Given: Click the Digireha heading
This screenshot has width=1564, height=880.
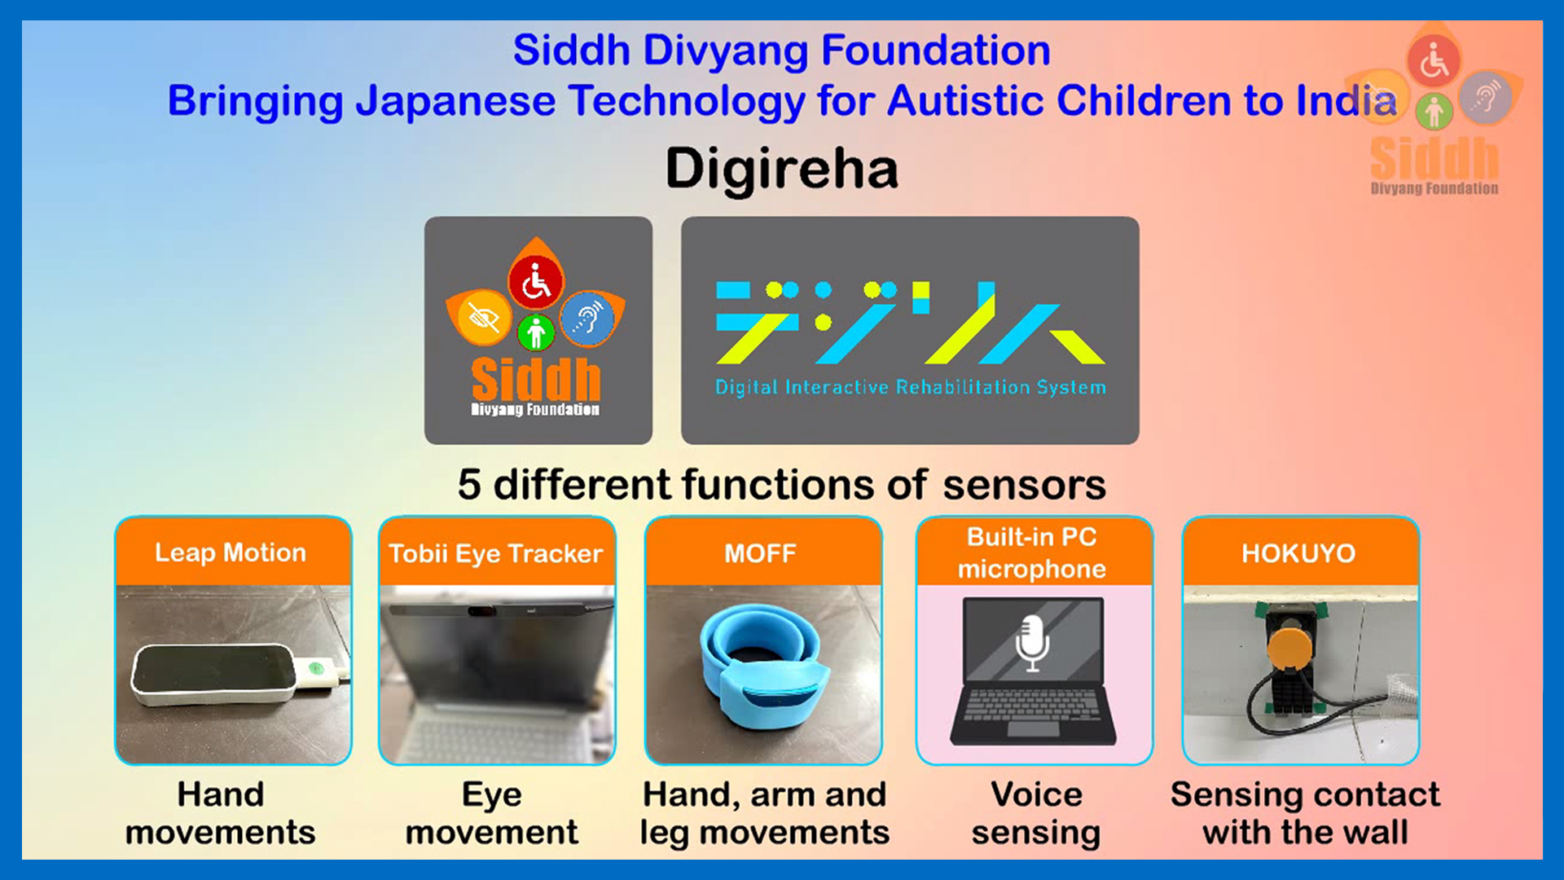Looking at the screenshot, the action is click(782, 169).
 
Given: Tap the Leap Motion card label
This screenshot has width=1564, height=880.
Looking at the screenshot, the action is click(231, 552).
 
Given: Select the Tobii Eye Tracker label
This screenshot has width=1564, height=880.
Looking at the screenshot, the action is click(495, 553).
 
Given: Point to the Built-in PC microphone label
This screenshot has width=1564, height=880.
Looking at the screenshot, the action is click(1032, 552).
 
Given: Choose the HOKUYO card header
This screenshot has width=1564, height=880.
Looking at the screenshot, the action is click(1300, 552).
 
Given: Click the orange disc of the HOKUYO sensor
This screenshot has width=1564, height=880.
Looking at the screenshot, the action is click(1289, 647).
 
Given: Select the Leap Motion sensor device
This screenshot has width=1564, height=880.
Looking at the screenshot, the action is click(213, 673).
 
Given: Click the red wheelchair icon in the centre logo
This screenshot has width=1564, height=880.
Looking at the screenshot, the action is click(536, 282).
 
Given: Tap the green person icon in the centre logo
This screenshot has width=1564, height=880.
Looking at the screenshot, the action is click(536, 332).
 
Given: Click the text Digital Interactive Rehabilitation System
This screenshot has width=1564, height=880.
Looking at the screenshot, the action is click(911, 387).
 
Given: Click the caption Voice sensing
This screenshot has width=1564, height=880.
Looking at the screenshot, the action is click(1036, 813).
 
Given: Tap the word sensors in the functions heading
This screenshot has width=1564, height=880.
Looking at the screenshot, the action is click(1024, 485).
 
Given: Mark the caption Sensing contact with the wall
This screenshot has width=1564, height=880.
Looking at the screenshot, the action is click(1305, 813).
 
